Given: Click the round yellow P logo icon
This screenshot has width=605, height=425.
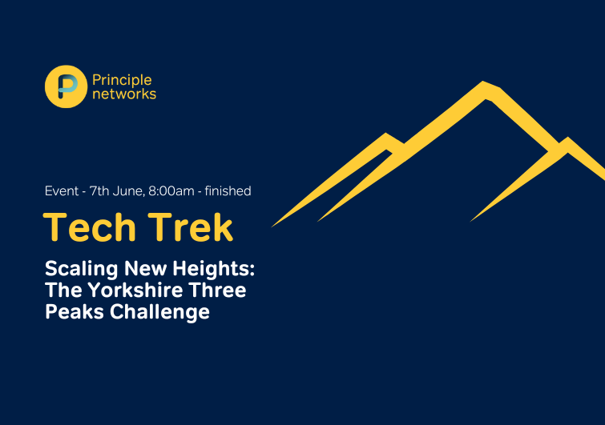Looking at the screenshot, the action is click(x=66, y=86).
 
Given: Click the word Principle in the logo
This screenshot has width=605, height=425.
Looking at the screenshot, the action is click(x=122, y=81).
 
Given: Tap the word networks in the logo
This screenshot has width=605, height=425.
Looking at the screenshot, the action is click(x=124, y=94).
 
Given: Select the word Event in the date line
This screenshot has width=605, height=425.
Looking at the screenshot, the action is click(x=62, y=190).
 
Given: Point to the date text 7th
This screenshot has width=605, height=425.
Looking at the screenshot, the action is click(x=99, y=190).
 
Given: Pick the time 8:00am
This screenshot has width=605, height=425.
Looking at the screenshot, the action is click(x=171, y=190).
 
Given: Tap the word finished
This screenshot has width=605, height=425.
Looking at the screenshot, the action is click(x=228, y=190).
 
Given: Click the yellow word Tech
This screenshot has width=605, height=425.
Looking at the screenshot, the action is click(x=90, y=227).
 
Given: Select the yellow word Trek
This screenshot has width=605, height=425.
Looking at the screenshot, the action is click(x=191, y=227).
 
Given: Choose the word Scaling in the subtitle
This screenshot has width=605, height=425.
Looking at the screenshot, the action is click(x=82, y=269).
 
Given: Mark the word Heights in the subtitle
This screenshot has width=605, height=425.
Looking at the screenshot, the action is click(x=214, y=269).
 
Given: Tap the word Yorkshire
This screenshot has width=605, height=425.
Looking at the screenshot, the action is click(x=135, y=290).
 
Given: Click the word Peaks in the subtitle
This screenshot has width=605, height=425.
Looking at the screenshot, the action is click(x=75, y=311).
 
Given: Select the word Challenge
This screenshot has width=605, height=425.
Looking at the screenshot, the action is click(x=159, y=311).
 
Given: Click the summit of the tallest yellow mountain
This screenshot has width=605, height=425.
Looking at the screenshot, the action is click(x=483, y=82).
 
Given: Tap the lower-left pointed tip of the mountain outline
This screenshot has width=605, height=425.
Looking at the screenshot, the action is click(x=272, y=227).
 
